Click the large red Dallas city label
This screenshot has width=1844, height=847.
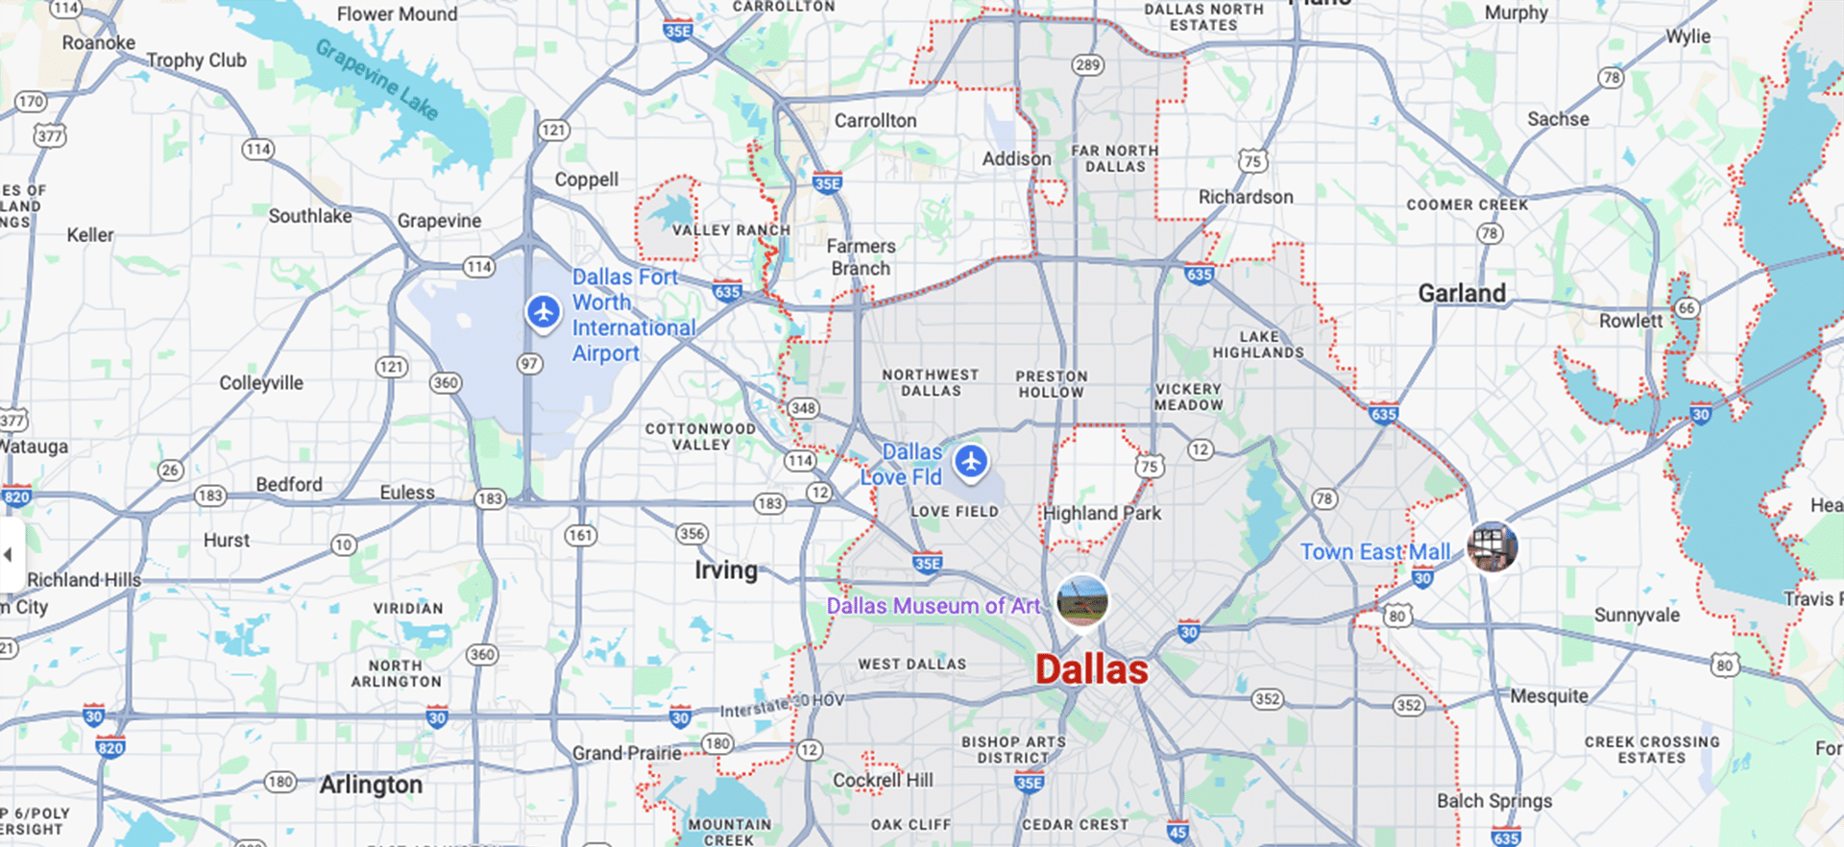pos(1091,670)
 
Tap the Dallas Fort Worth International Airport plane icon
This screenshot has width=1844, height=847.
pos(544,312)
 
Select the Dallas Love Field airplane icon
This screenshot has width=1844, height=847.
pos(971,462)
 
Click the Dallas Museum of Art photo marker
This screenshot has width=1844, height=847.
pos(1082,600)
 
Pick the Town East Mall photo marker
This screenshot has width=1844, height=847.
pos(1492,546)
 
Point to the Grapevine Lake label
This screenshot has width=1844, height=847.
pos(377,80)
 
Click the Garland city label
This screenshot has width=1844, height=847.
pos(1462,294)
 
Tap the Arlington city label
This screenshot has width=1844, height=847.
pos(371,786)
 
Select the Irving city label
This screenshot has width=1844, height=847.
pos(726,570)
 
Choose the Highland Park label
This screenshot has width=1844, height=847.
pos(1102,514)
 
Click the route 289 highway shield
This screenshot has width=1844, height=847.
pos(1087,65)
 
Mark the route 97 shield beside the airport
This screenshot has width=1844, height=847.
pos(529,364)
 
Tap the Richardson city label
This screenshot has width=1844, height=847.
pos(1246,197)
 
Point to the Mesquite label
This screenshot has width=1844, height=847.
pos(1549,696)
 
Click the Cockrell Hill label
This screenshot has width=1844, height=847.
pos(883,780)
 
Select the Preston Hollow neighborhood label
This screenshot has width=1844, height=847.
pos(1052,384)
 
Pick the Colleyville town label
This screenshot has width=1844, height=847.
pos(261,383)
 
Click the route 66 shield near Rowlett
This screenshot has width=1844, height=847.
pos(1686,308)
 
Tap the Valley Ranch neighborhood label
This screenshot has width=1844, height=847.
pos(731,230)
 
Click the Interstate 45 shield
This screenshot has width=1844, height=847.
pos(1177,832)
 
